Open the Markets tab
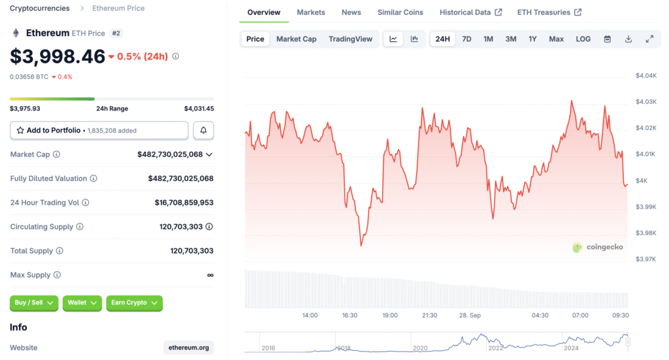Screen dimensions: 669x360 [x=310, y=12]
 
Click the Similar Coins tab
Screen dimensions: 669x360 [x=400, y=12]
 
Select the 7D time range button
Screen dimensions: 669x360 [x=466, y=39]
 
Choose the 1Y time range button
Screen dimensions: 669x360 [x=532, y=39]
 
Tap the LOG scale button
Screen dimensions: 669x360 [x=583, y=39]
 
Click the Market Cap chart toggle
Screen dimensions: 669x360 [x=296, y=39]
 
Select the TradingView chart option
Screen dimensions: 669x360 [x=350, y=39]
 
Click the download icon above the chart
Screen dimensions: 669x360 [x=628, y=39]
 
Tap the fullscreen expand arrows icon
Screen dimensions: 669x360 [x=649, y=39]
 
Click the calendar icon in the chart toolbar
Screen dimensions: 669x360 [x=607, y=39]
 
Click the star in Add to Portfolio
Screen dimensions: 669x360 [x=20, y=130]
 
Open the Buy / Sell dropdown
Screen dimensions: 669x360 [x=34, y=303]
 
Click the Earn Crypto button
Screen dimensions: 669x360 [x=135, y=303]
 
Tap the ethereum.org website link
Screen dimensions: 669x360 [x=189, y=348]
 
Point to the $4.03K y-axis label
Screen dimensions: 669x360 [x=646, y=101]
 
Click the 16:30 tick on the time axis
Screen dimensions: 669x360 [x=350, y=315]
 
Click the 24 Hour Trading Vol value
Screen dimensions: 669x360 [x=184, y=203]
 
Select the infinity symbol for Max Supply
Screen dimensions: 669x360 [x=210, y=275]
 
